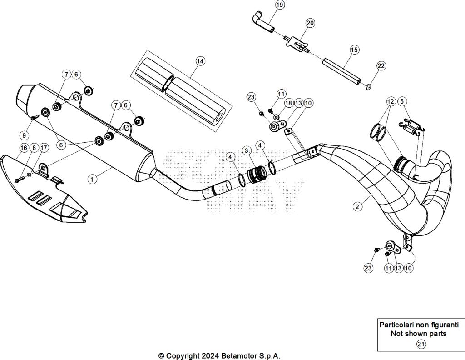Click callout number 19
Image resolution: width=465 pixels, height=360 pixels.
click(x=280, y=5)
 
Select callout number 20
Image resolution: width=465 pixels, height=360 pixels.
click(x=310, y=23)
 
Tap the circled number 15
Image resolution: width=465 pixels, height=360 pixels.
click(x=354, y=49)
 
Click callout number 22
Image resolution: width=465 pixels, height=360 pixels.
click(x=381, y=66)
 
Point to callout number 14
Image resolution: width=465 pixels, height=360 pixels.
click(x=200, y=60)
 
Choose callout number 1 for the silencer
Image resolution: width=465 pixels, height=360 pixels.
click(x=92, y=179)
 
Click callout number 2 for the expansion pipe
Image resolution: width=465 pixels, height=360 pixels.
click(x=358, y=206)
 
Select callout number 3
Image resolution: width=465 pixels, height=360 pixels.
click(x=246, y=150)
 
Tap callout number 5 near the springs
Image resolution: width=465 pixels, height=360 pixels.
click(x=402, y=101)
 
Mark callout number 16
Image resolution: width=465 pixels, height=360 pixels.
click(x=24, y=148)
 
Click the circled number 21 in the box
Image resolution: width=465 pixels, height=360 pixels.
click(x=421, y=344)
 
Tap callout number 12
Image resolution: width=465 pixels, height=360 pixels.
click(x=391, y=101)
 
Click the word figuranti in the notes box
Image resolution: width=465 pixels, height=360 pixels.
click(x=440, y=325)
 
